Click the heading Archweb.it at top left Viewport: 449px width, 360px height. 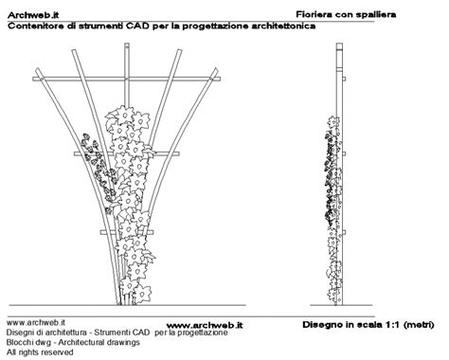tap(33, 15)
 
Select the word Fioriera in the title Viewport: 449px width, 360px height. tap(316, 15)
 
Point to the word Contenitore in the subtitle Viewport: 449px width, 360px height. tap(37, 27)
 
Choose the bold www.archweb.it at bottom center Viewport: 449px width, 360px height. tap(198, 325)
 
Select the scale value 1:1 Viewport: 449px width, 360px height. tap(387, 324)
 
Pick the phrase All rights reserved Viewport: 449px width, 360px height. tap(40, 351)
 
